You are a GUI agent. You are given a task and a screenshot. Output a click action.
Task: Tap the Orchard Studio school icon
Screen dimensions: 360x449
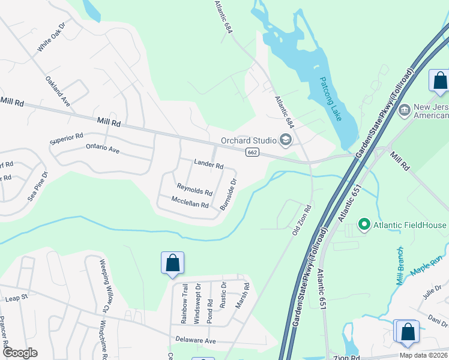point(286,141)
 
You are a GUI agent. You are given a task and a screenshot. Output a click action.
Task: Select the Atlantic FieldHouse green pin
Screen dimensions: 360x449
point(363,225)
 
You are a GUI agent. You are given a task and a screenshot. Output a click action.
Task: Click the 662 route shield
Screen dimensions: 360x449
point(252,154)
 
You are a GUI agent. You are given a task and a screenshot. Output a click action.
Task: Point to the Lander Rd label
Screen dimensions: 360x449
point(208,164)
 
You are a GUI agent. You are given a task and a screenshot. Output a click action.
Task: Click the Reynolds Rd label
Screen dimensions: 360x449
point(194,190)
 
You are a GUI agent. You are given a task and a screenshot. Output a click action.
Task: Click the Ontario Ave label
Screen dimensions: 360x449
point(103,148)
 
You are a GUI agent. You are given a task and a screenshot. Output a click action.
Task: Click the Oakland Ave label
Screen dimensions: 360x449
point(58,91)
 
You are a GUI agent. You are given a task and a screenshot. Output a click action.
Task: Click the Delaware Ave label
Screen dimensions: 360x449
point(195,340)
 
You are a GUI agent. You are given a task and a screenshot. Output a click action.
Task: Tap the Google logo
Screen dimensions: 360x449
point(20,353)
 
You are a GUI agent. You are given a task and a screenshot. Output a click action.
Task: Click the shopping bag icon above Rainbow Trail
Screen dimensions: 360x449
point(172,263)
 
